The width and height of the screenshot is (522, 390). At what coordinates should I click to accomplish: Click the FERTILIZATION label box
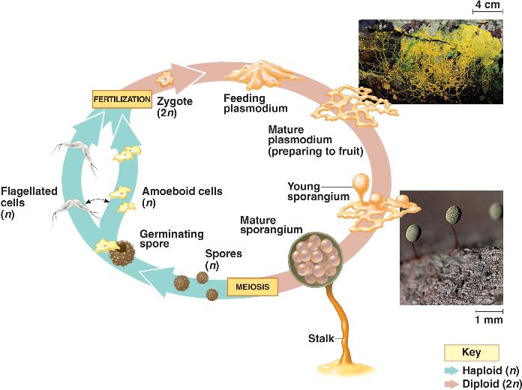[x=121, y=98]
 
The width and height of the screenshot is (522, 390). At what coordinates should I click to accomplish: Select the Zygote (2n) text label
[x=175, y=106]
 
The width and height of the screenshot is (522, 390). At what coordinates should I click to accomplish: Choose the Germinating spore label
[x=163, y=238]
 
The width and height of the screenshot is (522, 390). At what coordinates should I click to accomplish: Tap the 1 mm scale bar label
[x=488, y=320]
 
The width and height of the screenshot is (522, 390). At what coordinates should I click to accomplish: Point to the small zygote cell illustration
[x=162, y=76]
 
